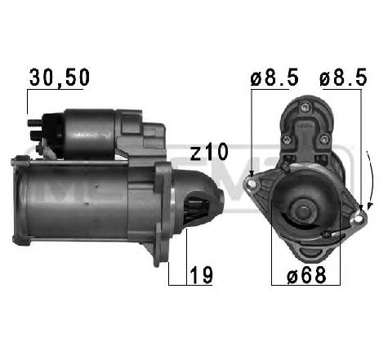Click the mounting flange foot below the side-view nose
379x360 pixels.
pyautogui.click(x=159, y=245)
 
